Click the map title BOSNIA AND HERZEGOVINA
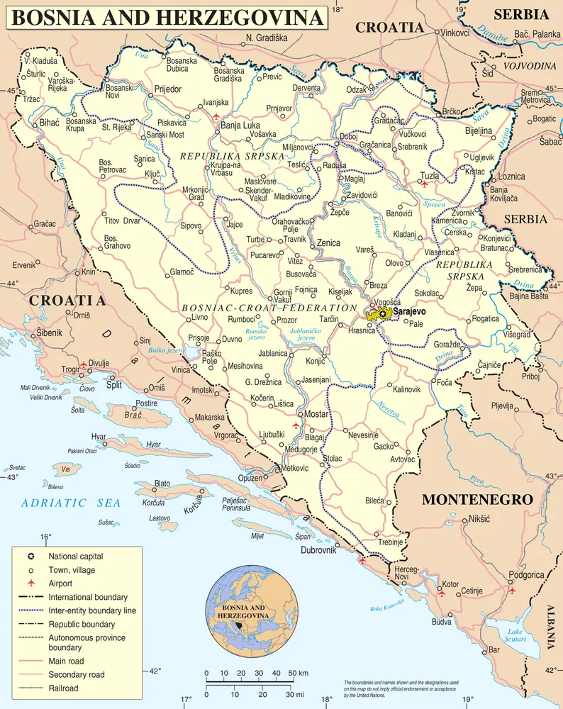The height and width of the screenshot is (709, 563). click(167, 18)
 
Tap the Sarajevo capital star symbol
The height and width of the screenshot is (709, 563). click(383, 313)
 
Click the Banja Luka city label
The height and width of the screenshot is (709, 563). click(240, 126)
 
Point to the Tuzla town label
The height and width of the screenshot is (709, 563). click(430, 175)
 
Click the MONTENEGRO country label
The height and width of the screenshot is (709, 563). click(476, 500)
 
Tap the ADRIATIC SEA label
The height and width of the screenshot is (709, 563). click(70, 503)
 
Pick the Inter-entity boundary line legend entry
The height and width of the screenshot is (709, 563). click(91, 610)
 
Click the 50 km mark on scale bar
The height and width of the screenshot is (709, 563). click(292, 673)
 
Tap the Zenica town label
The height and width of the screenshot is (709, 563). click(329, 242)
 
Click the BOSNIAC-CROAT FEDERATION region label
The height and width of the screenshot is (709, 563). click(269, 308)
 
